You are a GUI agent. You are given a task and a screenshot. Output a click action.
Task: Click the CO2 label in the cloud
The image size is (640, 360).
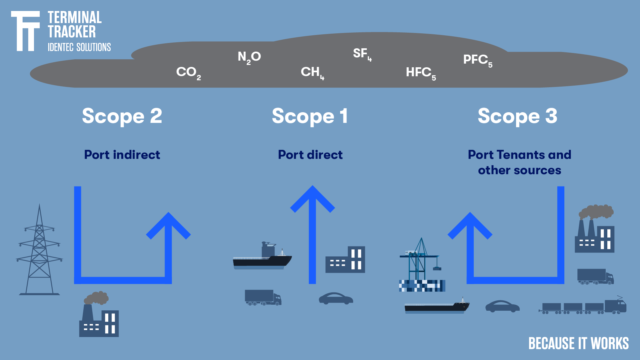188,73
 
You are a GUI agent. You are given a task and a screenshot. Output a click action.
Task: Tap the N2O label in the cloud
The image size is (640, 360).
249,57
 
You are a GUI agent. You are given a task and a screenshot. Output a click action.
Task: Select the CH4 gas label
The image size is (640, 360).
312,72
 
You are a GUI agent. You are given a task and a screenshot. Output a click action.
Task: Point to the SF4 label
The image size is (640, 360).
362,54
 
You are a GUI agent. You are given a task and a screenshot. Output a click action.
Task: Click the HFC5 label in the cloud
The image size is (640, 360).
420,73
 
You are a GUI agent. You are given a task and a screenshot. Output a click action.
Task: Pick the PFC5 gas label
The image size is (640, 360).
477,60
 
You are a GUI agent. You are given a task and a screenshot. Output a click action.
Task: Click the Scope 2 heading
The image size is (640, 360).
122,116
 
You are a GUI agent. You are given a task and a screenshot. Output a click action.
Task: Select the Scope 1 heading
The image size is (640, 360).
310,116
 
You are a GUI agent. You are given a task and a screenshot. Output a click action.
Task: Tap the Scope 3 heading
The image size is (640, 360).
517,116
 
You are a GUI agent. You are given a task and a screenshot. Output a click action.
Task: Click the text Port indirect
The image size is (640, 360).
122,155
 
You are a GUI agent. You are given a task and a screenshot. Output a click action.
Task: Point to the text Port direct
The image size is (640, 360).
310,155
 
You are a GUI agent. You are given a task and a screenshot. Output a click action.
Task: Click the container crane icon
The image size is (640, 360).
420,263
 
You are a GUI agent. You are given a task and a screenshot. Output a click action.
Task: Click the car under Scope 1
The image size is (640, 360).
335,299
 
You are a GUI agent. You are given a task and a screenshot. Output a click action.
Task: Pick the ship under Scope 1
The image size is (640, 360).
262,258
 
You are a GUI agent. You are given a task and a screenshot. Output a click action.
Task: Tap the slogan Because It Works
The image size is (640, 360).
578,344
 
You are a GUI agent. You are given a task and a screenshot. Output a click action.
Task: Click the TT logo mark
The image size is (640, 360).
25,31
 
